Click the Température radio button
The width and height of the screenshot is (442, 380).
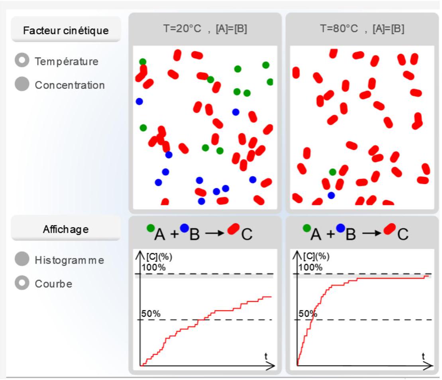(22, 60)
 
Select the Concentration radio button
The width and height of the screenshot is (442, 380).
(22, 84)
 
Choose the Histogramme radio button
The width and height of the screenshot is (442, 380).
(22, 259)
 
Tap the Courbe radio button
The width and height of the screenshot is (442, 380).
(22, 283)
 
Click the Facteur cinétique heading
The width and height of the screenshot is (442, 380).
(66, 30)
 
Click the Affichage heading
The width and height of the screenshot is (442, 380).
(66, 229)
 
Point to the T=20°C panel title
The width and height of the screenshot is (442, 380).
(205, 28)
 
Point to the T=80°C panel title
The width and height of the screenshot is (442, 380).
(362, 28)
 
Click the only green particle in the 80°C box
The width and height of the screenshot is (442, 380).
(333, 172)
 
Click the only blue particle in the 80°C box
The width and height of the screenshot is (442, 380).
(331, 195)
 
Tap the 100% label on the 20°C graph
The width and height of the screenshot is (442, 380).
(153, 267)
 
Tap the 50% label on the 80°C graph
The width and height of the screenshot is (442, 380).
(308, 313)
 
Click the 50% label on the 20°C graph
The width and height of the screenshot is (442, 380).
(151, 313)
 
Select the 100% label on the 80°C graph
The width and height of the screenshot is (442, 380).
(310, 267)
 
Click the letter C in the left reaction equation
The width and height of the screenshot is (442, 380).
(247, 234)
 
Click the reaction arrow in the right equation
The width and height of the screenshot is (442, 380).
(371, 233)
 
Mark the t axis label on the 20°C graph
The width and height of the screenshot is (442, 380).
(266, 356)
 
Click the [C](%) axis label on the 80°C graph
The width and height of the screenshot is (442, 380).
(316, 256)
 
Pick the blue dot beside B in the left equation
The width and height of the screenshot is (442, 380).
(185, 228)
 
